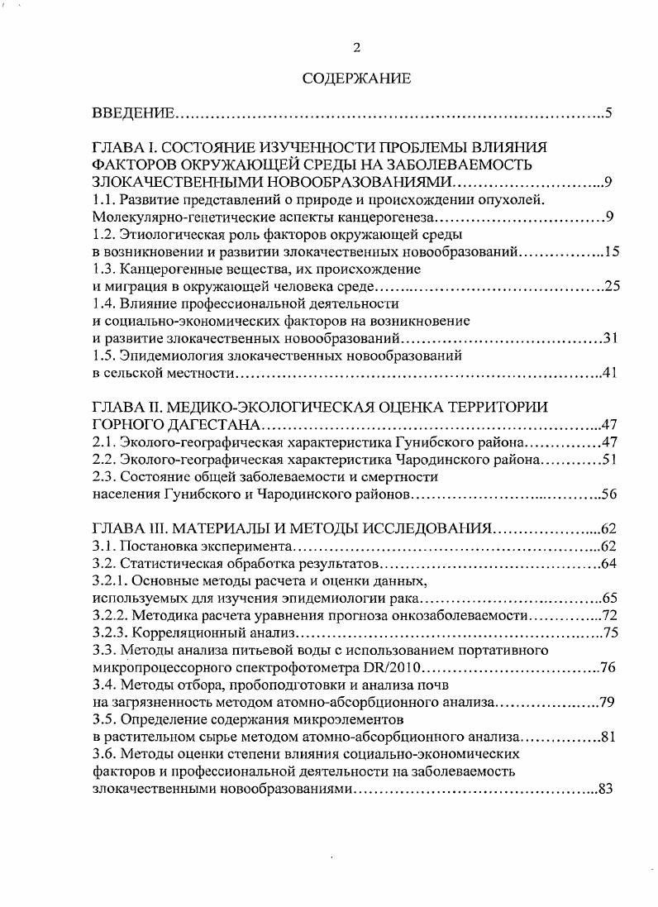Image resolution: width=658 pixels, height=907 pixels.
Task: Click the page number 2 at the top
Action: click(x=357, y=47)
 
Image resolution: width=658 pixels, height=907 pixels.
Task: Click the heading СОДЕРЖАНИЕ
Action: click(x=356, y=79)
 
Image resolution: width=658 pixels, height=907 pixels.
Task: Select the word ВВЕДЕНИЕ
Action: click(x=132, y=112)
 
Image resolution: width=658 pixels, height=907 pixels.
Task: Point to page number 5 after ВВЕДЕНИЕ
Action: click(x=608, y=112)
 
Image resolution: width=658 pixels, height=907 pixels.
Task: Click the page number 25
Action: click(x=612, y=286)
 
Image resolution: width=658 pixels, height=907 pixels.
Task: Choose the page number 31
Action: click(x=612, y=338)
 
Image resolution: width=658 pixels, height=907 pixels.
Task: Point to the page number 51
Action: click(x=611, y=459)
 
